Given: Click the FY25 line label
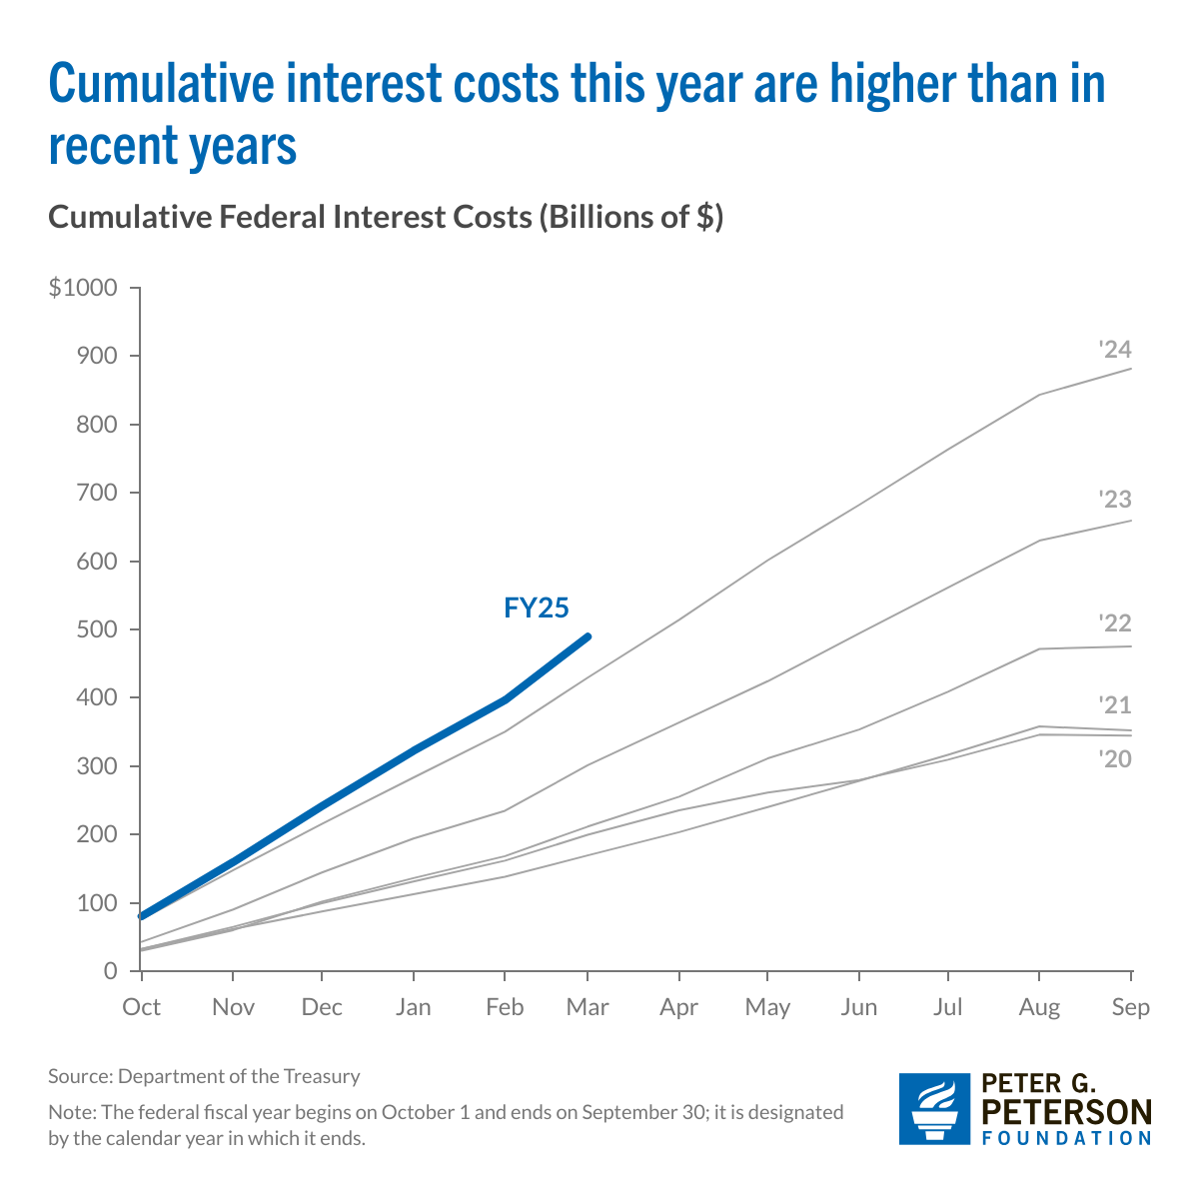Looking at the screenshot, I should pos(537,608).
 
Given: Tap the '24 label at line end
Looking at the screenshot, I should pos(1114,350).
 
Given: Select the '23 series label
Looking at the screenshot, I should pos(1114,500).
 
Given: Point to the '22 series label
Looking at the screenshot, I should pos(1114,623).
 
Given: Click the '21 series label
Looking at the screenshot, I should pos(1114,705).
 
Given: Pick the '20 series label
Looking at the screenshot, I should pos(1114,759).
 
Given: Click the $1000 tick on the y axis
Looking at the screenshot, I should pos(83,289).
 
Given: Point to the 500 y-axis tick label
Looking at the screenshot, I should pos(97,629).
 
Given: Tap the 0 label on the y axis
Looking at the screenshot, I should pos(110,971).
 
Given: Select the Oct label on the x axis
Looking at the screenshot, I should pos(141,1007).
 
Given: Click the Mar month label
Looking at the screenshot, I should pos(588,1007).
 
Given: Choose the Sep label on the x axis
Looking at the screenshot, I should pos(1131,1007).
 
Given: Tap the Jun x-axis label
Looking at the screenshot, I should pos(859,1007).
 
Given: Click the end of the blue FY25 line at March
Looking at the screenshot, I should pos(588,636).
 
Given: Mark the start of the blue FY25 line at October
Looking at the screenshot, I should pos(142,915).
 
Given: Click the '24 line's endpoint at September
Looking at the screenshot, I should pos(1131,369).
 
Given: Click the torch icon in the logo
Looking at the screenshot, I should pos(934,1108).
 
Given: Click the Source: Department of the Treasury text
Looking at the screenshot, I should pos(204,1076).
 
